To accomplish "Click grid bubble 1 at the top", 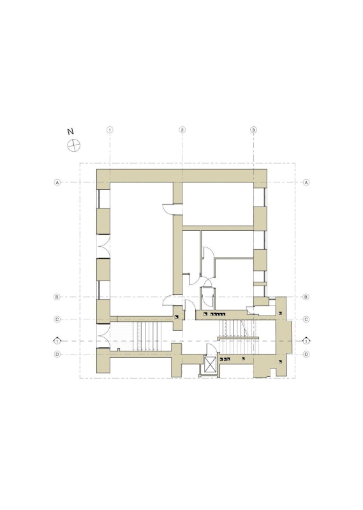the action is tap(110, 130).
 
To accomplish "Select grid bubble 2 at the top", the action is tap(182, 130).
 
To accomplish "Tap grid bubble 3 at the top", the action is tap(254, 130).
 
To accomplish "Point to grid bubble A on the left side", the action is tap(57, 182).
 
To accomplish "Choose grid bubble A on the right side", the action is tap(306, 182).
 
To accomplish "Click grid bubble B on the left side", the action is tap(57, 297).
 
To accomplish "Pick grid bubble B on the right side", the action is tap(306, 297).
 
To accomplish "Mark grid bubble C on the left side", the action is tap(57, 319).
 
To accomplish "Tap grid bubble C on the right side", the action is tap(306, 319).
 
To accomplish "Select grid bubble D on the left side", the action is tap(57, 354).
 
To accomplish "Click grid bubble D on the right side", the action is tap(306, 354).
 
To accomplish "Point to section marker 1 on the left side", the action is tap(57, 341).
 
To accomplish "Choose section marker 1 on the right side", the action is tap(306, 341).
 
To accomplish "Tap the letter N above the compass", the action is tap(70, 131).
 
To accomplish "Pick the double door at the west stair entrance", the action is tap(103, 337).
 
